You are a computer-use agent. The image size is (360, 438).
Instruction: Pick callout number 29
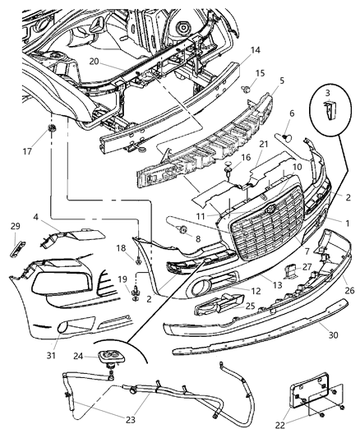click(x=14, y=226)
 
